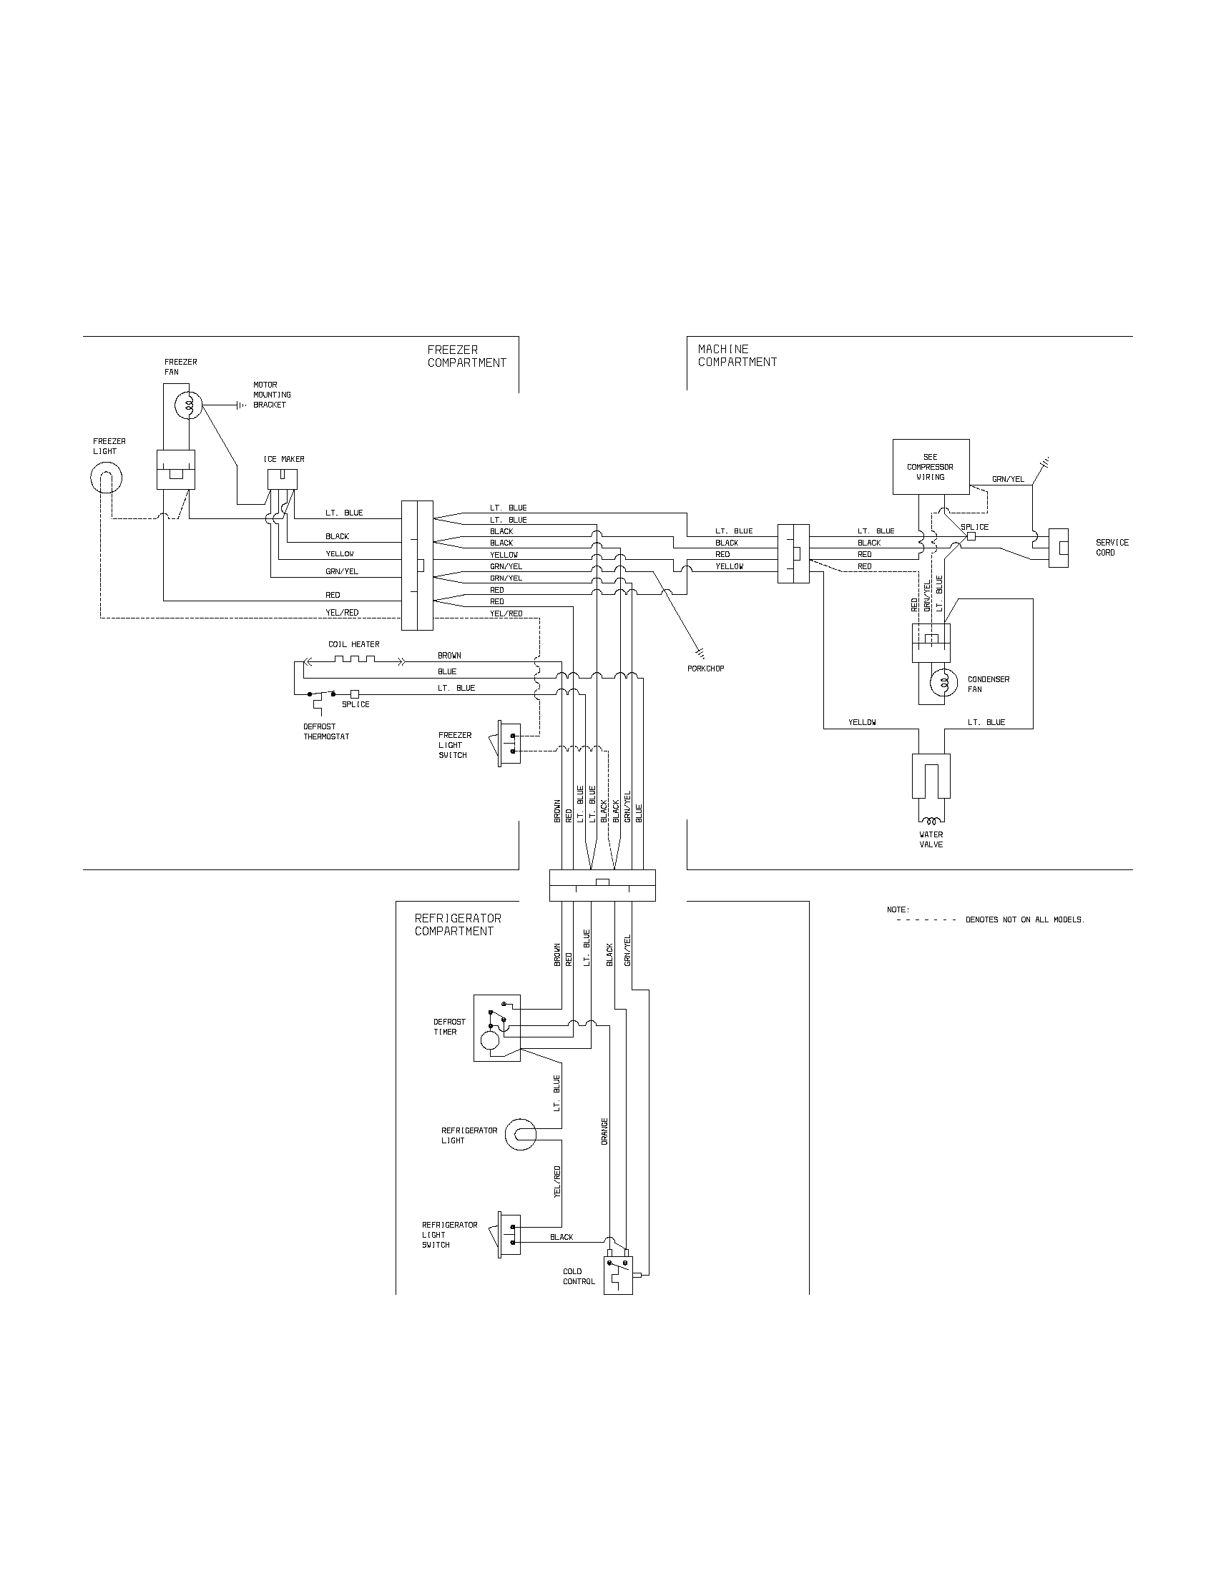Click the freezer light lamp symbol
pos(106,477)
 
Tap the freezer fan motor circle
pos(188,405)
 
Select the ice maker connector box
pos(282,479)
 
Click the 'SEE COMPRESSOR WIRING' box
pos(931,467)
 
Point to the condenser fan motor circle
pos(943,683)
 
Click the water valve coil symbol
pos(931,820)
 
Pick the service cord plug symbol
pos(1057,548)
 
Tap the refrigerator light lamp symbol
pos(521,1135)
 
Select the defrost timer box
pos(496,1027)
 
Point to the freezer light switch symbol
pos(507,743)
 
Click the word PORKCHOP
pos(706,669)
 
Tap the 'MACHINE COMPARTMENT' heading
pos(737,356)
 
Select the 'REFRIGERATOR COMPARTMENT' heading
pos(458,924)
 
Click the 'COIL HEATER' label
pos(353,644)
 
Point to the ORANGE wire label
pos(604,1131)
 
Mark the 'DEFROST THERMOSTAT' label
pos(325,731)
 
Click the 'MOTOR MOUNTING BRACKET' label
pos(272,395)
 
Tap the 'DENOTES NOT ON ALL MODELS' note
pos(1024,919)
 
